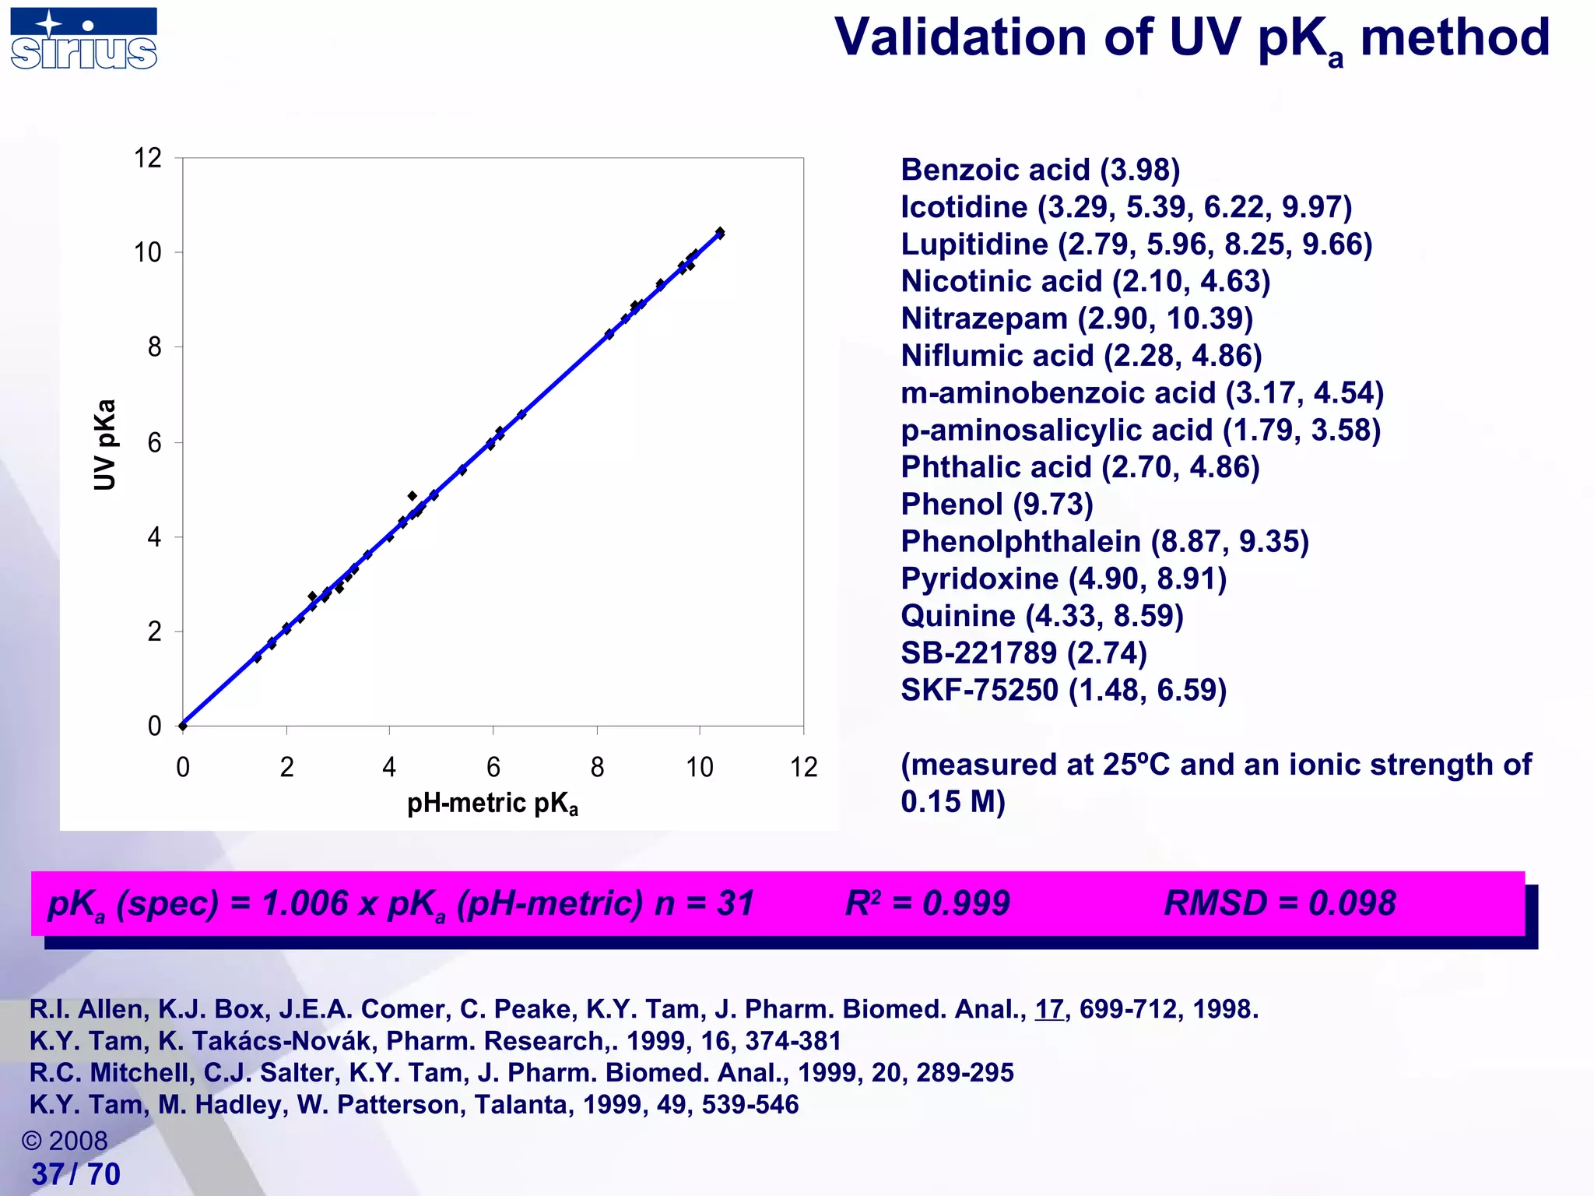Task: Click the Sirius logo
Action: click(84, 39)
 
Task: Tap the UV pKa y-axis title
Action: click(105, 445)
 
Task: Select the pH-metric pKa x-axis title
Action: click(493, 804)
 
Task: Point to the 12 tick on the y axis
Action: click(148, 159)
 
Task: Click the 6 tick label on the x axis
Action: click(493, 768)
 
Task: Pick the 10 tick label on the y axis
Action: click(148, 253)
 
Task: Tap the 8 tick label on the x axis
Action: click(597, 768)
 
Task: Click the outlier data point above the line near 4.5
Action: click(413, 496)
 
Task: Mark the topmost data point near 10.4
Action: click(720, 232)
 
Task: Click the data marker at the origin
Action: click(183, 726)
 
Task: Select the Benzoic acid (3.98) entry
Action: click(1040, 170)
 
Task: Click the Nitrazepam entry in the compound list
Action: click(1076, 318)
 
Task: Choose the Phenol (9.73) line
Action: click(996, 505)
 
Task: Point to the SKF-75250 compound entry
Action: click(1063, 690)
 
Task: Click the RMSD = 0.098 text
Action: click(1280, 903)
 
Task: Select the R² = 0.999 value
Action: click(927, 903)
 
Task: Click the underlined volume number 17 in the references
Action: click(1048, 1009)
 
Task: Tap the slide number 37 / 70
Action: click(75, 1174)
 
